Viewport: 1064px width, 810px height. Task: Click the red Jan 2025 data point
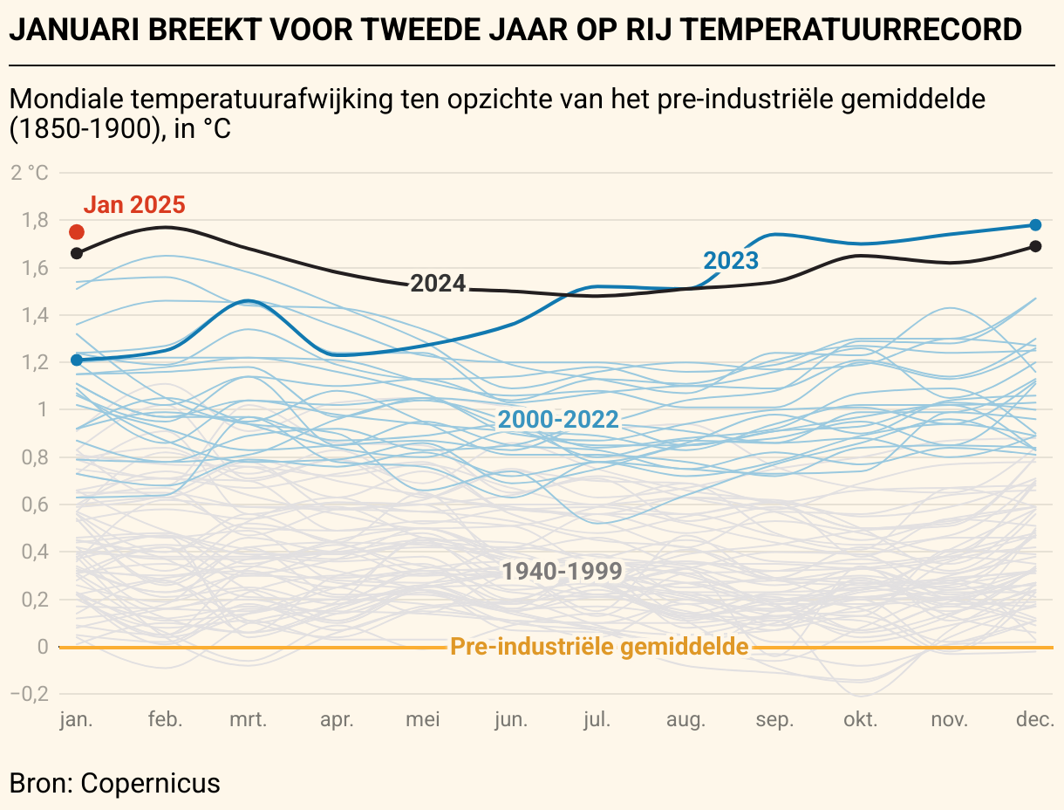tap(77, 232)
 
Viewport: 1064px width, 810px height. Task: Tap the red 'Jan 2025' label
tap(134, 205)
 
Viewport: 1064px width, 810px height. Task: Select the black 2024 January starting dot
tap(77, 253)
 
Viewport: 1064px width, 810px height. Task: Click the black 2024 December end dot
tap(1035, 246)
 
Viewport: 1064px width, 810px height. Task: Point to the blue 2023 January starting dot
tap(77, 360)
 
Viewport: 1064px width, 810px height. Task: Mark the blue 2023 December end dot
tap(1035, 225)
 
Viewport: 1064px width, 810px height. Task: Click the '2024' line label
tap(438, 283)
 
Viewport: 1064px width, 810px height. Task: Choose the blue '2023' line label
tap(731, 260)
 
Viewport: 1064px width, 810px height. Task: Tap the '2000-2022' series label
tap(558, 420)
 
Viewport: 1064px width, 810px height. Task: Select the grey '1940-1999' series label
tap(563, 572)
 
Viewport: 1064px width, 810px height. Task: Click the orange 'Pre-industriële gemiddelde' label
tap(599, 647)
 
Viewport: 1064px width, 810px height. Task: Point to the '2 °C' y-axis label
tap(31, 172)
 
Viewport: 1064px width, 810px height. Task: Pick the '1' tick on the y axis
tap(42, 409)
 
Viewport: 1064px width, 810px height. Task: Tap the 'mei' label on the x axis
tap(423, 720)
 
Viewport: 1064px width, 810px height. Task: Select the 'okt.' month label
tap(860, 720)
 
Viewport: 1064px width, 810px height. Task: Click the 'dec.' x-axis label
tap(1035, 720)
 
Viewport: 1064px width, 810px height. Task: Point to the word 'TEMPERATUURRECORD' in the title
tap(850, 31)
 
